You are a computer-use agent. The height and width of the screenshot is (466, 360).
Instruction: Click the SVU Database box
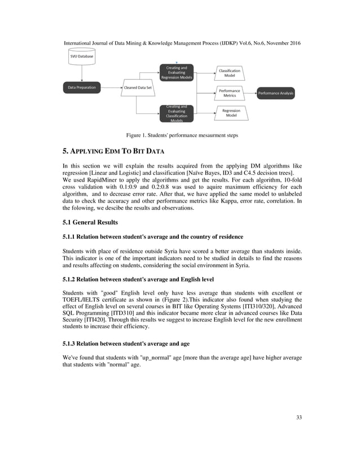pos(82,56)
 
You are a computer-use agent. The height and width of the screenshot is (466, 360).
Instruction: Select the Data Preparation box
pos(82,87)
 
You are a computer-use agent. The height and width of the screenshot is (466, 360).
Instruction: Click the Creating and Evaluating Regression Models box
pos(177,72)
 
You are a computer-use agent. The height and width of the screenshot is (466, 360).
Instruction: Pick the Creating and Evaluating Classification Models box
pos(177,112)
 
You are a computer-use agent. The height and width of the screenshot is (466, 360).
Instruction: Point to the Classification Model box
pos(230,72)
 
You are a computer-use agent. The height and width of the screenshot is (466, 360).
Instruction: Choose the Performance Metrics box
pos(230,93)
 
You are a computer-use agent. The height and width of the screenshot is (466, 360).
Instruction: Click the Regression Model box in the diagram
pos(231,113)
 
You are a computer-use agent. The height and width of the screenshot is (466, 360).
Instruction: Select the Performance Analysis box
pos(276,93)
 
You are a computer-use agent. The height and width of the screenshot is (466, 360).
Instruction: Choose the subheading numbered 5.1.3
pos(125,343)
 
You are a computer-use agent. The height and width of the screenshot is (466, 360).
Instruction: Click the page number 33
pos(299,417)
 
